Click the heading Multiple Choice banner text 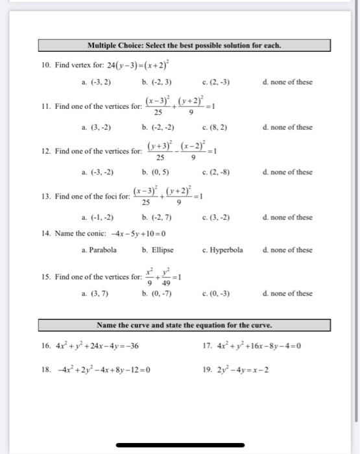184,45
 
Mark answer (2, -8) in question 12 219,173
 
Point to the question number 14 46,233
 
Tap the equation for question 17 259,345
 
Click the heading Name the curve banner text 184,324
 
